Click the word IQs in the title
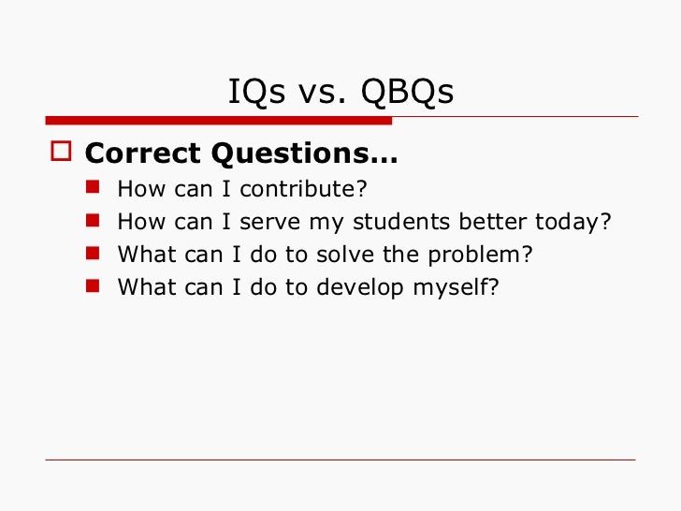(x=252, y=93)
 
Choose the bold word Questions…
(x=304, y=153)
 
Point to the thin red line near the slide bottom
(x=340, y=460)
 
